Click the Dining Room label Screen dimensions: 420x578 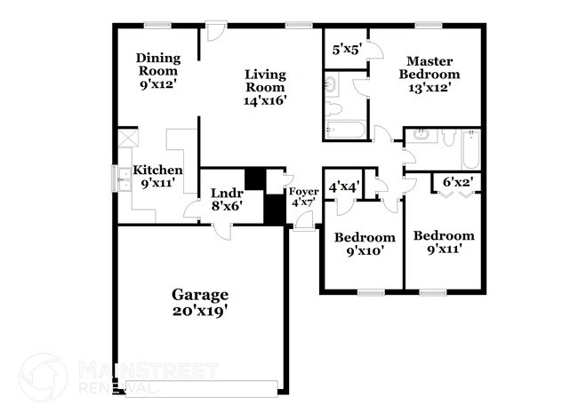pyautogui.click(x=158, y=72)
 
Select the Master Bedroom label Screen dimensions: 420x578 pyautogui.click(x=433, y=74)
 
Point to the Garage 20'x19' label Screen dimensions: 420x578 pyautogui.click(x=200, y=302)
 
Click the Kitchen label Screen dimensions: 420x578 pyautogui.click(x=157, y=176)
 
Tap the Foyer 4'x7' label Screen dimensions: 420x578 pyautogui.click(x=303, y=196)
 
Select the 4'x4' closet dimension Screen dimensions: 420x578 pyautogui.click(x=343, y=187)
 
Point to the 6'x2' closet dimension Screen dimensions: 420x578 pyautogui.click(x=457, y=182)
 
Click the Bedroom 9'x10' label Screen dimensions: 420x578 pyautogui.click(x=364, y=244)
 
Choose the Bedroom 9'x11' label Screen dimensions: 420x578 pyautogui.click(x=444, y=242)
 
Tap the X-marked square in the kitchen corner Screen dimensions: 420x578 pyautogui.click(x=129, y=138)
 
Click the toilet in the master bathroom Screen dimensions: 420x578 pyautogui.click(x=334, y=109)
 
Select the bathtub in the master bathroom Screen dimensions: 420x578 pyautogui.click(x=344, y=131)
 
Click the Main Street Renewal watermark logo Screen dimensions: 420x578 pyautogui.click(x=43, y=376)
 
